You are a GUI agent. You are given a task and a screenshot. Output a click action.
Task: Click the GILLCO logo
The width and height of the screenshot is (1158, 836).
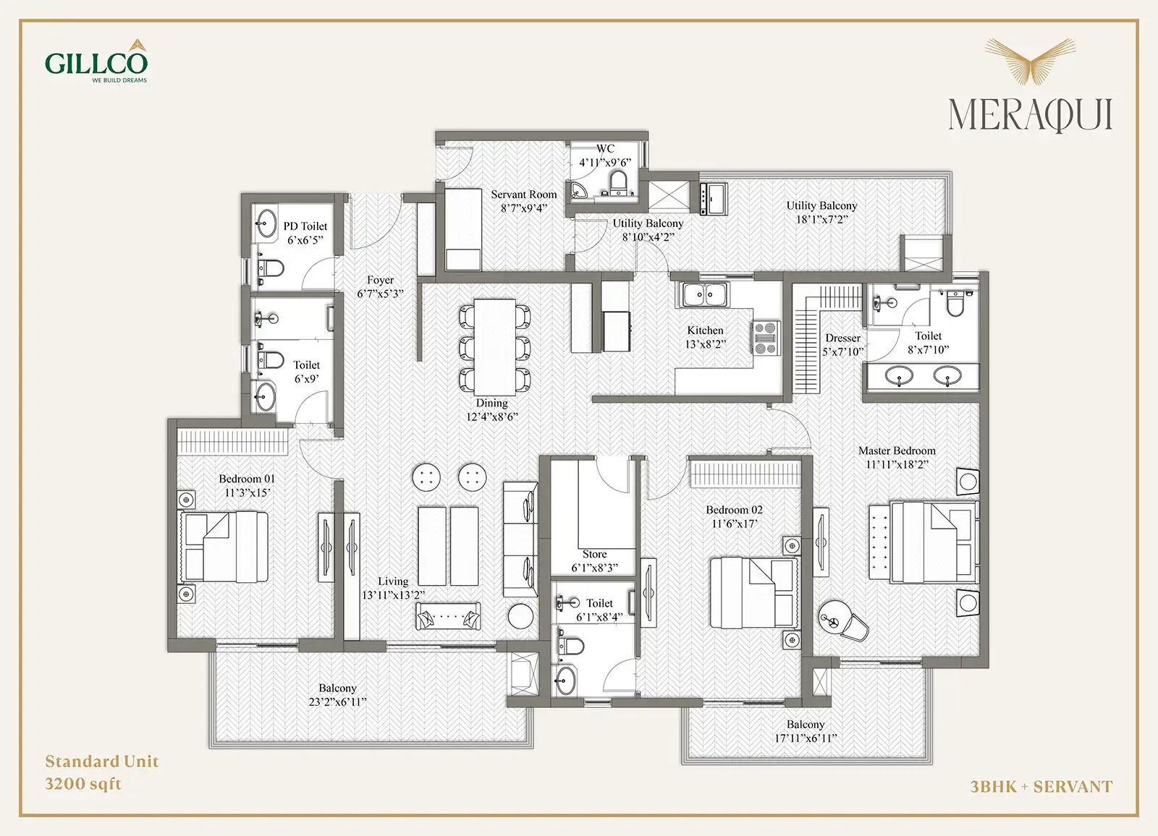point(96,61)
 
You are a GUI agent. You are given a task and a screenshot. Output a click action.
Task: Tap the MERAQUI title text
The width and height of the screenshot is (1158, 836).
point(1030,115)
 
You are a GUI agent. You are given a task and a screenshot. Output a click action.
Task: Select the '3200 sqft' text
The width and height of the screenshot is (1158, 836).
point(83,784)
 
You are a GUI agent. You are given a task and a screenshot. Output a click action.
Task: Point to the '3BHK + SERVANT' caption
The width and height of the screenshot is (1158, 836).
point(1041,786)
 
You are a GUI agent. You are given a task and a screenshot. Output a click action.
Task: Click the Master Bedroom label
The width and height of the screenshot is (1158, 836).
point(897,451)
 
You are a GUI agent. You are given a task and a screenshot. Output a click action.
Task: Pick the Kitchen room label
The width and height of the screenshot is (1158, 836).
point(705,330)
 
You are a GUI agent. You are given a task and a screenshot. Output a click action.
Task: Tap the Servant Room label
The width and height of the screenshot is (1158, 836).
point(524,195)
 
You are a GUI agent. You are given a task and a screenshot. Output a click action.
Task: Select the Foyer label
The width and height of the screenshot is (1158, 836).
point(381,280)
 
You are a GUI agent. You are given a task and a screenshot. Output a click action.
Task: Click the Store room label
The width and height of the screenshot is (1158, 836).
point(594,554)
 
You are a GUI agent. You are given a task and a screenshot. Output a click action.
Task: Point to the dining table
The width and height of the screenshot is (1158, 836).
point(495,346)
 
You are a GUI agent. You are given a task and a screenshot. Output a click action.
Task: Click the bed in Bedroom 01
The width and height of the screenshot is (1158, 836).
point(224,547)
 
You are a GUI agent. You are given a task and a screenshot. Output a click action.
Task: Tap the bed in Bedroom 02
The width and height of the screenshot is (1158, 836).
point(754,592)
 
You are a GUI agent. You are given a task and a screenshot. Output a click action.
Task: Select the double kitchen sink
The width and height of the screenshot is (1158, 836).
point(705,295)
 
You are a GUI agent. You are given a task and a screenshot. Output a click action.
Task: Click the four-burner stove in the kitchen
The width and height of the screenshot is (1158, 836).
point(766,338)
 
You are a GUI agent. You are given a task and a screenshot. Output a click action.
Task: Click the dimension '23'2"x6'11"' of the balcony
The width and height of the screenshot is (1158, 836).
point(337,701)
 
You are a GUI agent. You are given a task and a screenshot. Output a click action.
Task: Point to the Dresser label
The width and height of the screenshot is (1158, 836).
point(842,338)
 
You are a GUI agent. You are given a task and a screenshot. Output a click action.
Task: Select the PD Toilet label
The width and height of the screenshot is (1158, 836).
point(305,226)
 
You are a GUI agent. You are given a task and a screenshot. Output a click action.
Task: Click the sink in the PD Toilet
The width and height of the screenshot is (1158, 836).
point(266,223)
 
